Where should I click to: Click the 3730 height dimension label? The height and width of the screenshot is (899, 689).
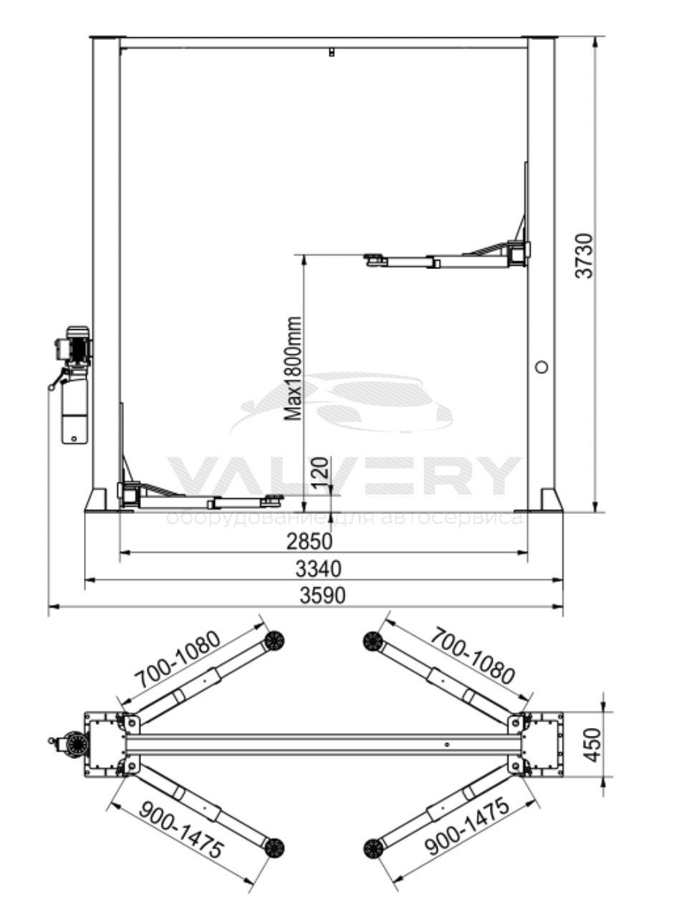tap(584, 256)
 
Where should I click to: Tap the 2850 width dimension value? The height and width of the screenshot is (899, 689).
tap(309, 540)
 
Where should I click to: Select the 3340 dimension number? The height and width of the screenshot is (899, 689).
tap(318, 569)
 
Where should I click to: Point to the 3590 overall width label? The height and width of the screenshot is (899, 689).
tap(322, 596)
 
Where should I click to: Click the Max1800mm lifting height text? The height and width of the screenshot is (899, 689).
tap(293, 369)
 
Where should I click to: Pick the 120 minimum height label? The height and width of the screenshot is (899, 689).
tap(320, 472)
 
